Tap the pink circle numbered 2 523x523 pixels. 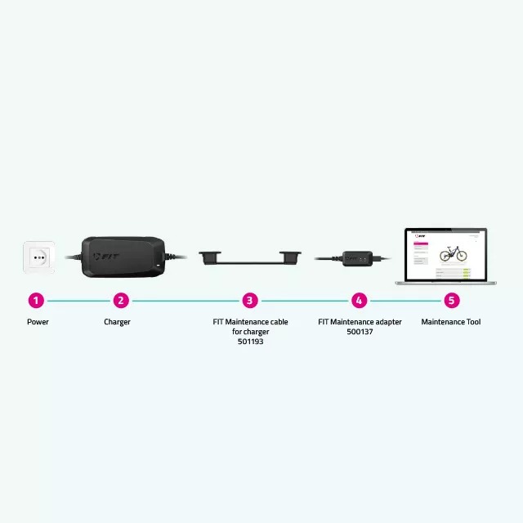pos(121,300)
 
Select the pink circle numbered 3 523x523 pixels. pos(251,300)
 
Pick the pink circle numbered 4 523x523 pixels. pos(359,300)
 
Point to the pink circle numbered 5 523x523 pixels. pos(451,300)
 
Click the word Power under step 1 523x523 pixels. pos(38,322)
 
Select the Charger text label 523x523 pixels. pos(117,322)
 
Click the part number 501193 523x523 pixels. pos(250,342)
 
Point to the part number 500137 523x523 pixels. pos(360,333)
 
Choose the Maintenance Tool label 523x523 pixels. pos(451,322)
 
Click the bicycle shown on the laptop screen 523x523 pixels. pos(453,253)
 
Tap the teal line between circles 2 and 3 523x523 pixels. pos(186,300)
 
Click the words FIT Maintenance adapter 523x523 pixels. pos(360,322)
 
